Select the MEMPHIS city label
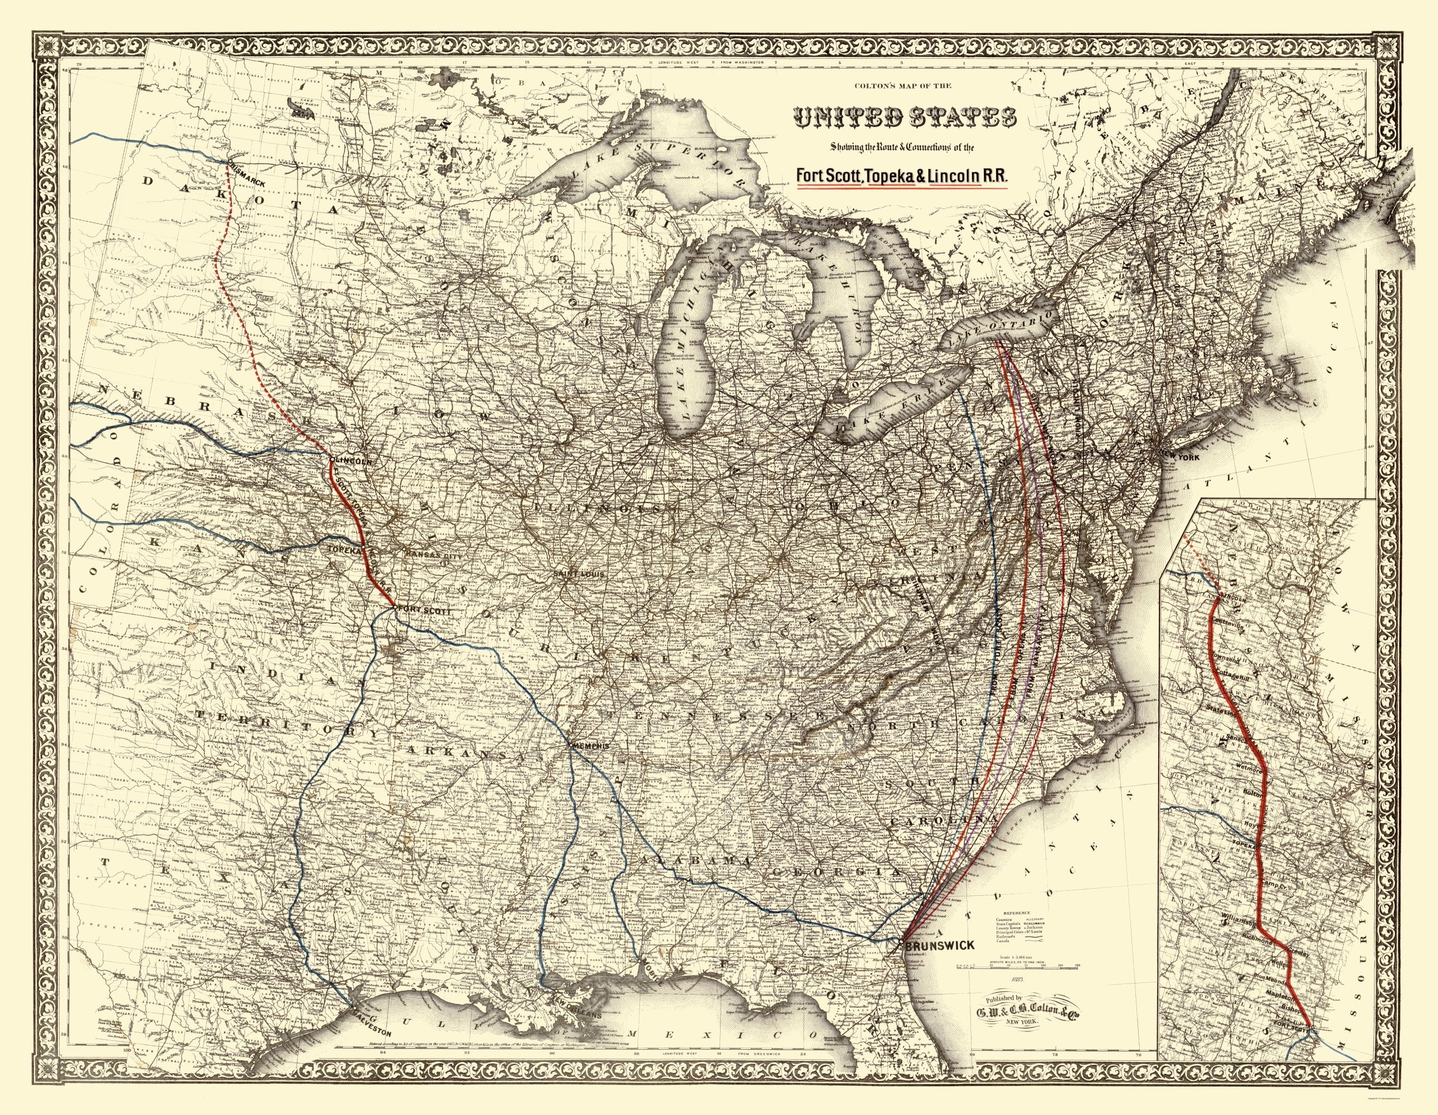590,746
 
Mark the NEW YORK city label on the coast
1179,457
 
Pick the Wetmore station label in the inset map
1251,768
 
